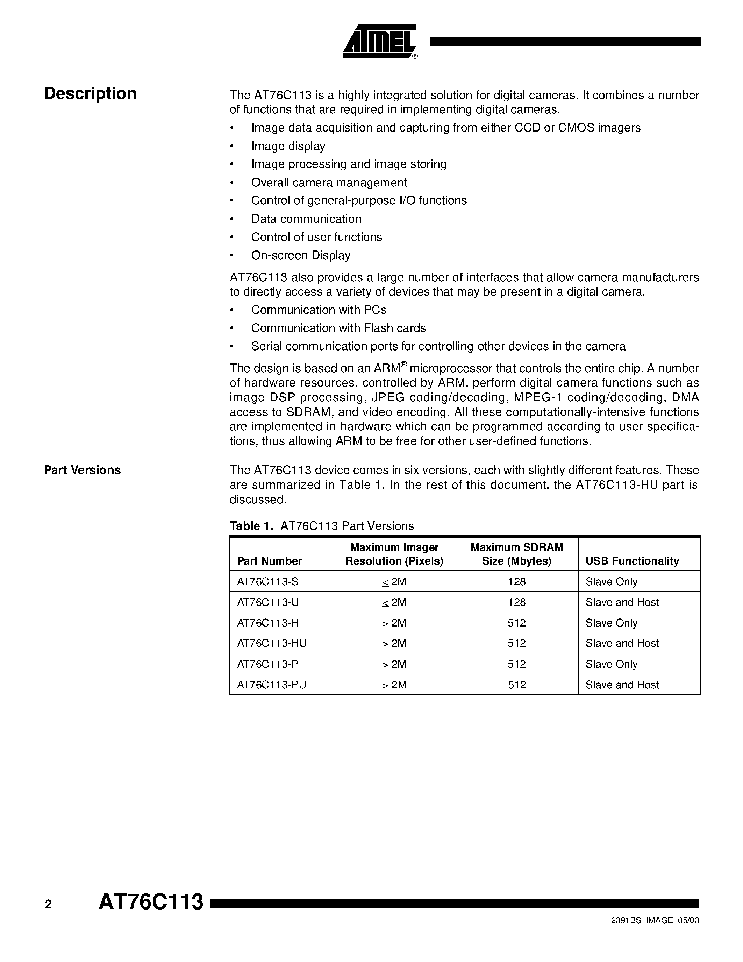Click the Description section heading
[x=90, y=93]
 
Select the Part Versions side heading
[x=82, y=470]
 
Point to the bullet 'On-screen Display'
[x=301, y=255]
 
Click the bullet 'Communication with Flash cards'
[x=338, y=328]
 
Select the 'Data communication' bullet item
[x=306, y=219]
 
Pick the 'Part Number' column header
[x=269, y=561]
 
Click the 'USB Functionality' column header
[x=632, y=561]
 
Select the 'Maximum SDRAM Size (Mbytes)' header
[x=517, y=554]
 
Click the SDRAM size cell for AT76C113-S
[x=517, y=581]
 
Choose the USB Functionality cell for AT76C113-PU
[x=622, y=685]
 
